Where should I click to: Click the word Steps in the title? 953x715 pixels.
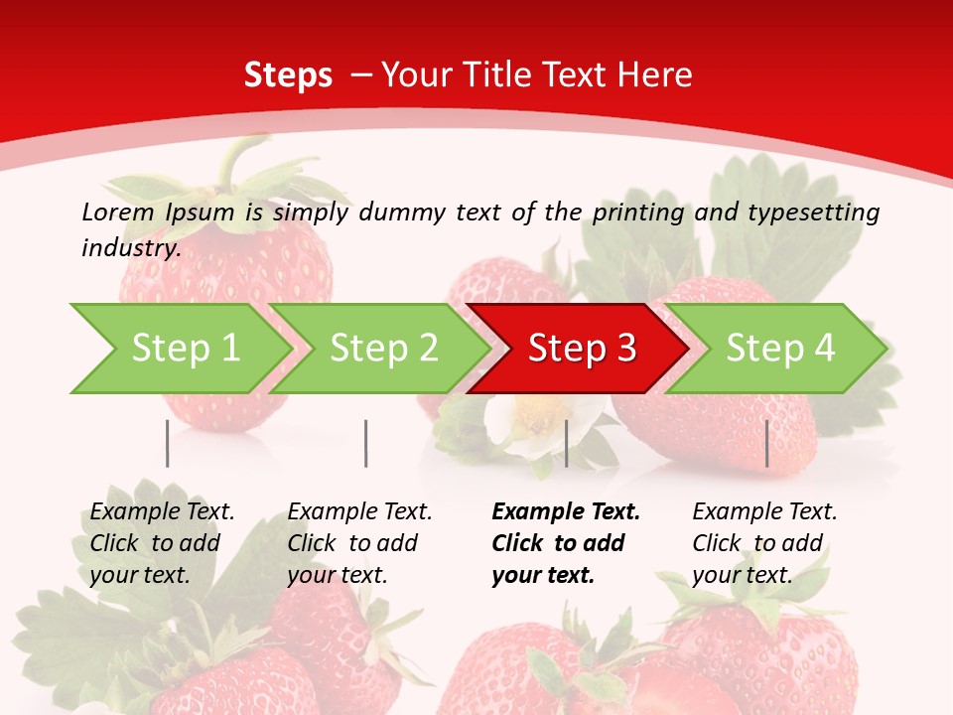click(288, 75)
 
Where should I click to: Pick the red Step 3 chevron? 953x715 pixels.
click(580, 349)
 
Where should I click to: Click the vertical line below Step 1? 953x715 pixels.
click(168, 443)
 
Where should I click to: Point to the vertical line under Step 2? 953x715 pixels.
click(366, 443)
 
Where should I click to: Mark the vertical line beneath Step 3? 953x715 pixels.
click(566, 443)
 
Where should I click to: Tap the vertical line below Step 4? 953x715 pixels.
click(767, 443)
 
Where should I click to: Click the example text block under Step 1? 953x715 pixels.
click(161, 543)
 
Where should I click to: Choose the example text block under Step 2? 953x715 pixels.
click(358, 543)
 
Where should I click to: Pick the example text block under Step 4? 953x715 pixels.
click(763, 543)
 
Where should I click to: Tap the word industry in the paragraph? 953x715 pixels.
click(130, 248)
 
